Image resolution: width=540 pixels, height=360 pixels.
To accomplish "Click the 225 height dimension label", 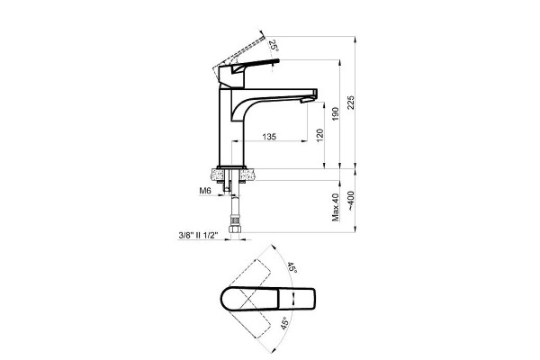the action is (351, 103).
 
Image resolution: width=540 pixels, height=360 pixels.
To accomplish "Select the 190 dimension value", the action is (336, 114).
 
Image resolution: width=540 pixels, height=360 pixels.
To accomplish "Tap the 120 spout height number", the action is (319, 135).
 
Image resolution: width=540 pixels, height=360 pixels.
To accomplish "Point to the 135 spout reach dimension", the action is (269, 137).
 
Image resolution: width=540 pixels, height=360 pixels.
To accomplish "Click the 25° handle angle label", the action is (274, 45).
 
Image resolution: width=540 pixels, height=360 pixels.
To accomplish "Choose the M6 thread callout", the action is (205, 190).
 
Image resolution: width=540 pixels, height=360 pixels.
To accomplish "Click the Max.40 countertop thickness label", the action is (336, 207).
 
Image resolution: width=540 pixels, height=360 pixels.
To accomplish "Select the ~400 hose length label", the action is (351, 202).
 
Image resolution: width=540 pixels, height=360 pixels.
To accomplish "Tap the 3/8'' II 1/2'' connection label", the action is (198, 235).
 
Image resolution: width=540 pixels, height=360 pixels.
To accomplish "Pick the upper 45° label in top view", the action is (292, 267).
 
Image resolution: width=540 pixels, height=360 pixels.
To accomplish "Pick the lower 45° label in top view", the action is (284, 323).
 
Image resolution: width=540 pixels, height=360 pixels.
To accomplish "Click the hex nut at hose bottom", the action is (234, 229).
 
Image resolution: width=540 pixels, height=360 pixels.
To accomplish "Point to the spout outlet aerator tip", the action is (307, 100).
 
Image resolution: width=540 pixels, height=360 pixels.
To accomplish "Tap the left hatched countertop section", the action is (218, 175).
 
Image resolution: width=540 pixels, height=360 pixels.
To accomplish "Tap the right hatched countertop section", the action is (247, 175).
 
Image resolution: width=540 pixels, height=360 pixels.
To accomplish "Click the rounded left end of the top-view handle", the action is (222, 298).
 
